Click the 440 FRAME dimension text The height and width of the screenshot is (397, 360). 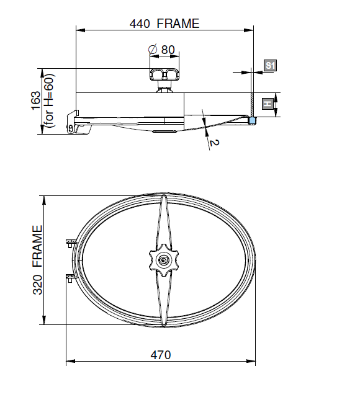point(164,24)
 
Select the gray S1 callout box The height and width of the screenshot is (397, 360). point(270,66)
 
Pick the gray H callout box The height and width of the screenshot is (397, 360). point(268,104)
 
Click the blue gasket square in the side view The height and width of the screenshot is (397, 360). point(252,120)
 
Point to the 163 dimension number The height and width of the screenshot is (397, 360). point(36,100)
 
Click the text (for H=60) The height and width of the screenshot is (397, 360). point(48,100)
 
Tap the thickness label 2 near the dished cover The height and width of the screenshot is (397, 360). point(214,143)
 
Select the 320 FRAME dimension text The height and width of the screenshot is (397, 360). point(37,260)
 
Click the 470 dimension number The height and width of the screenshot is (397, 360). point(161,355)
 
